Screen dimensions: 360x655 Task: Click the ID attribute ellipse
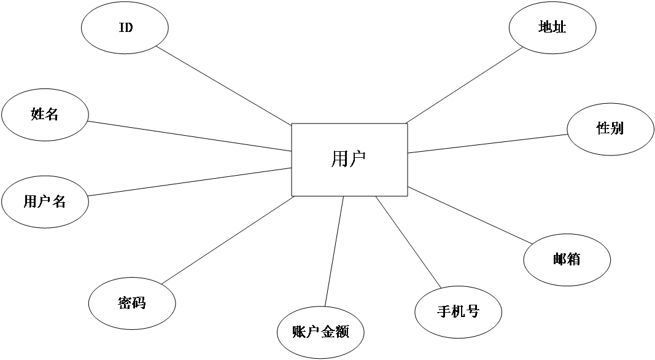point(125,28)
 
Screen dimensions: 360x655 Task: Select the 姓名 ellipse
point(45,115)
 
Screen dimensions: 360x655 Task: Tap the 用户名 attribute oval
point(45,202)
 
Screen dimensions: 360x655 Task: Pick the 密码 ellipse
point(132,303)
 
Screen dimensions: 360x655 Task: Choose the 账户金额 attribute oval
point(320,332)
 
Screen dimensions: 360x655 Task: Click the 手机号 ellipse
point(458,312)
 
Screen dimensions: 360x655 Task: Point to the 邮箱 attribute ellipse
point(567,260)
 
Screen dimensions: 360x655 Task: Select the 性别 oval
point(610,129)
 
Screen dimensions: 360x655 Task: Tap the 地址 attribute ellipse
point(552,28)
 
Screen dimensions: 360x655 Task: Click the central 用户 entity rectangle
point(349,160)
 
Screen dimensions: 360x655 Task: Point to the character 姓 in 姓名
point(37,114)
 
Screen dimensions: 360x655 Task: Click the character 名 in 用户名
point(59,202)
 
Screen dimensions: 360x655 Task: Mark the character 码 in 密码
point(139,303)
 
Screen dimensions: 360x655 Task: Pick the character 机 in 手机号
point(458,311)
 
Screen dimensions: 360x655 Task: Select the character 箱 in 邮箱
point(574,259)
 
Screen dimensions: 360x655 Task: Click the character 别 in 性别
point(618,128)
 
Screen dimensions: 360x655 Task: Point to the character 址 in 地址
point(559,28)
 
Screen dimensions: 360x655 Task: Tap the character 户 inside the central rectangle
point(358,160)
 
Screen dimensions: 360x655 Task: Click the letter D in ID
point(129,28)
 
